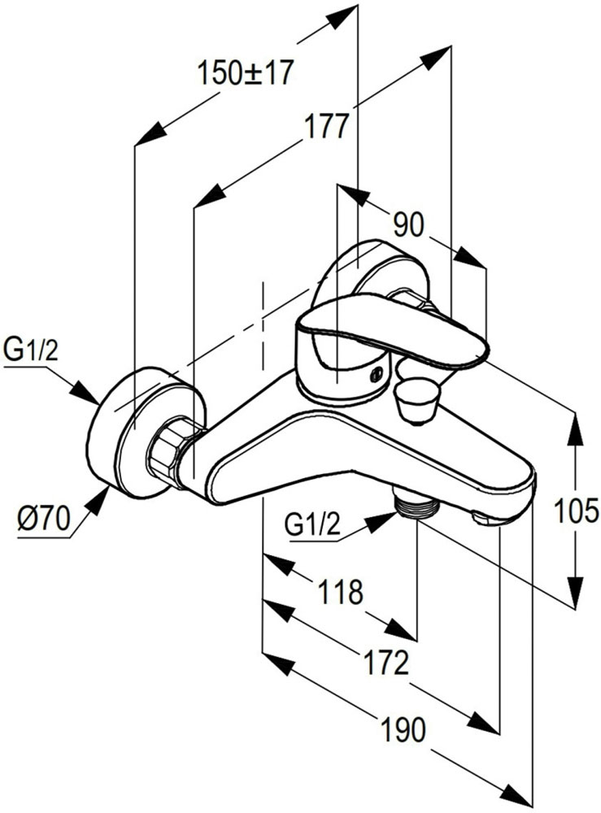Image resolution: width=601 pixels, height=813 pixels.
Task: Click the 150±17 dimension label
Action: pyautogui.click(x=245, y=74)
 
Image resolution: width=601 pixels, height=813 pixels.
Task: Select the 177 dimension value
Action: pyautogui.click(x=327, y=128)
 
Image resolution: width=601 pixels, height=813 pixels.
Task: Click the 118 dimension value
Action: pyautogui.click(x=341, y=592)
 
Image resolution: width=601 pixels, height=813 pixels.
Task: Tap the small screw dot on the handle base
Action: pyautogui.click(x=375, y=375)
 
